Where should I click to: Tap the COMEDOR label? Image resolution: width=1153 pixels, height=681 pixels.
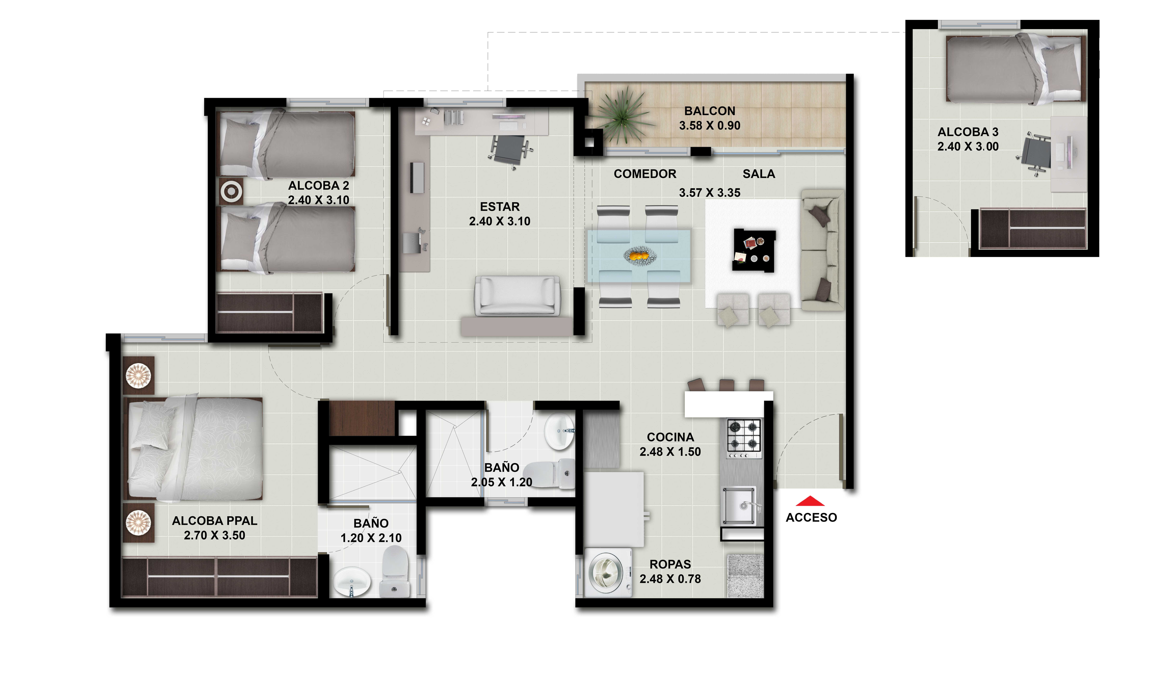[x=645, y=174]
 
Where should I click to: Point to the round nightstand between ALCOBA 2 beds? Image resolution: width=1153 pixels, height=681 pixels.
[x=231, y=191]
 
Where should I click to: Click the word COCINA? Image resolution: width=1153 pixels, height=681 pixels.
[x=670, y=437]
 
